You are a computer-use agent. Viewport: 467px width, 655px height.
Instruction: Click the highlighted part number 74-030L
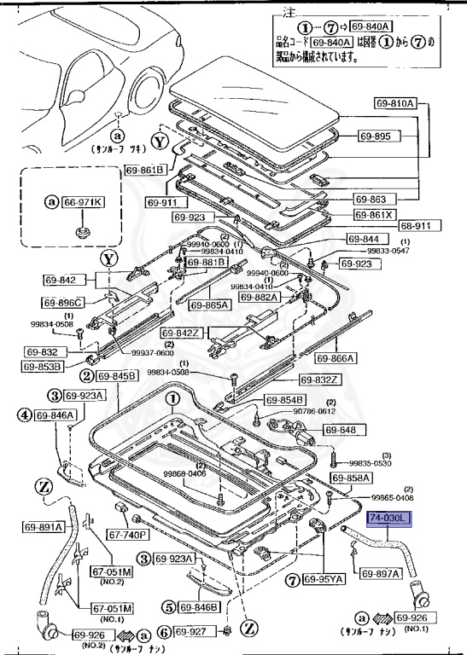389,519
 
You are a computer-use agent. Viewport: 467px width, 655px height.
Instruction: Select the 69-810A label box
394,104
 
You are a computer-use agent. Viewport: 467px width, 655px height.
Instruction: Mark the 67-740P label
127,535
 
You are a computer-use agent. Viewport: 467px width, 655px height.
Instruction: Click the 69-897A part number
380,573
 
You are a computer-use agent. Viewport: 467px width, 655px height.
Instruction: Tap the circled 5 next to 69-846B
166,607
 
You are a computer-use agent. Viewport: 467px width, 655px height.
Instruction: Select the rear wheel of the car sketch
147,89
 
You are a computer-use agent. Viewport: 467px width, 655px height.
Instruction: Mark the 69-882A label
260,297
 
